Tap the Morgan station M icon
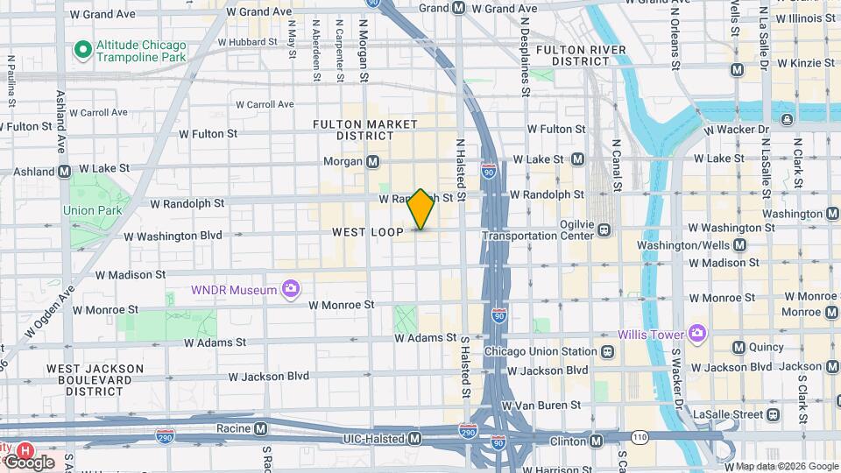[x=373, y=162]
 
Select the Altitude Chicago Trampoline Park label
[x=142, y=51]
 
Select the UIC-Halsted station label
[x=371, y=437]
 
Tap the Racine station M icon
[x=260, y=429]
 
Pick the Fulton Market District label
[x=365, y=130]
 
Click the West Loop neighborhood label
[x=368, y=232]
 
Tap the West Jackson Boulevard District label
[x=95, y=379]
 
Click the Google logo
[x=28, y=462]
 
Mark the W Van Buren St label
[x=540, y=406]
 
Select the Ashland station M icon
[x=64, y=172]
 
